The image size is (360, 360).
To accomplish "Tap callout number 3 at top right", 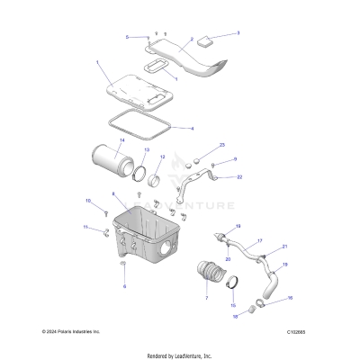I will tap(238, 33).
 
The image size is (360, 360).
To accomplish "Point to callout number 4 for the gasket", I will tap(190, 129).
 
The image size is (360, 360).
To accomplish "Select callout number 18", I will tap(236, 317).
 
